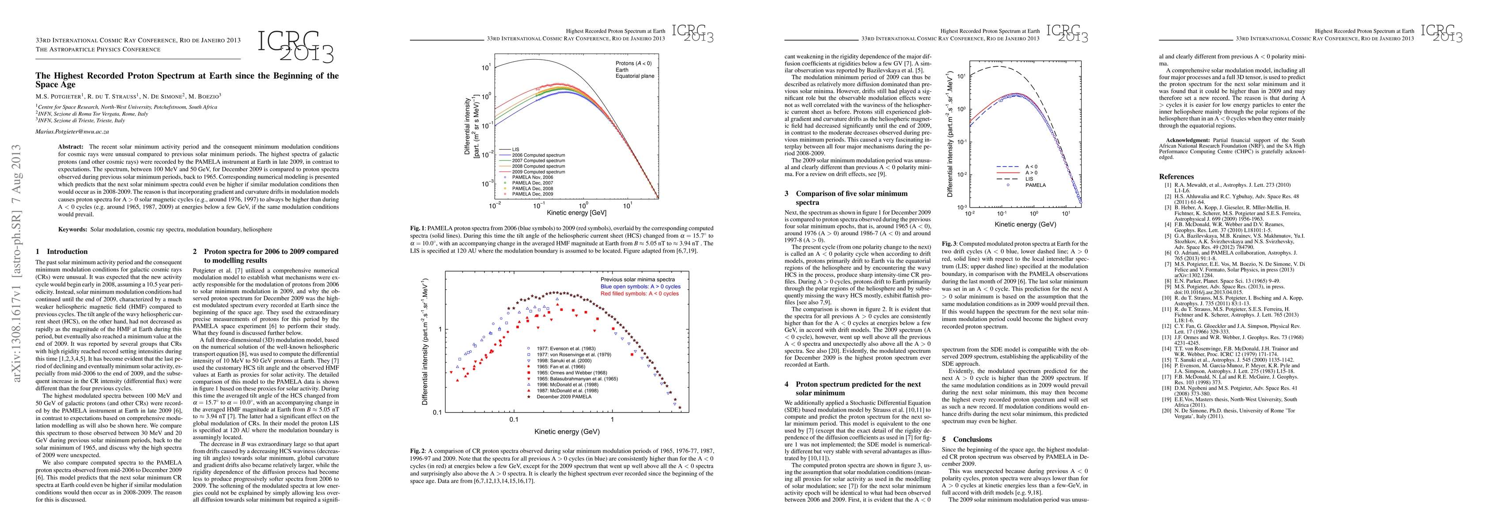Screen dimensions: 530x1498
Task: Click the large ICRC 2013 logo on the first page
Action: click(x=295, y=46)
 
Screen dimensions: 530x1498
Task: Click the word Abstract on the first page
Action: click(x=70, y=146)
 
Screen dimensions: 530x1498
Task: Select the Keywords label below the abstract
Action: click(x=73, y=229)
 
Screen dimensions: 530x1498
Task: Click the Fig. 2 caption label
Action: click(x=417, y=450)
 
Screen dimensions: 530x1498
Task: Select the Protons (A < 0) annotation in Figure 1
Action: click(x=633, y=63)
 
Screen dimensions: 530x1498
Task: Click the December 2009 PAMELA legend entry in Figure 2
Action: click(x=564, y=397)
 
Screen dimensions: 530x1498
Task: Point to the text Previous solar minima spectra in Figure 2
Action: click(x=637, y=279)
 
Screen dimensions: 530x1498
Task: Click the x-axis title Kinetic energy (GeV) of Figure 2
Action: click(x=567, y=432)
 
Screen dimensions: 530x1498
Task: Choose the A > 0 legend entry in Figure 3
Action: click(x=1031, y=173)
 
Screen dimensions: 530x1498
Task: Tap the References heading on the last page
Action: click(x=1176, y=176)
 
